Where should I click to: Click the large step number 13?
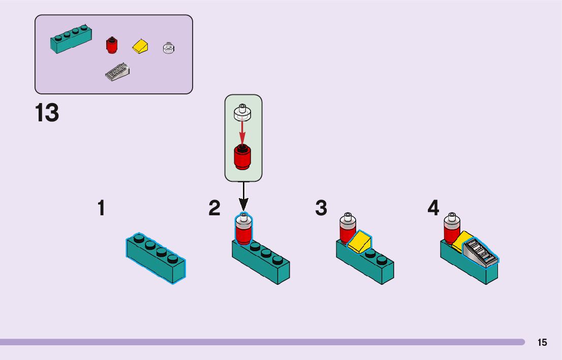47,113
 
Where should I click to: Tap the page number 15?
542,343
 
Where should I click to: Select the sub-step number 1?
102,208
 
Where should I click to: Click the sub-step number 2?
214,208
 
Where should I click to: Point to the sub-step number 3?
321,208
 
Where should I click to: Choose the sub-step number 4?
433,208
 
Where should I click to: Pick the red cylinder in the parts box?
111,45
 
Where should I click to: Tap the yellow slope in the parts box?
141,47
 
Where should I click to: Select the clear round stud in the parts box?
169,48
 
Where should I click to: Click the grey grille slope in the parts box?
117,72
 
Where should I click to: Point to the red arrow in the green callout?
243,133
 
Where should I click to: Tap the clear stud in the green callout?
243,112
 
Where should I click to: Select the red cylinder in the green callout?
243,157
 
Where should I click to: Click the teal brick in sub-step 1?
155,258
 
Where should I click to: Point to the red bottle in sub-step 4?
451,230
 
